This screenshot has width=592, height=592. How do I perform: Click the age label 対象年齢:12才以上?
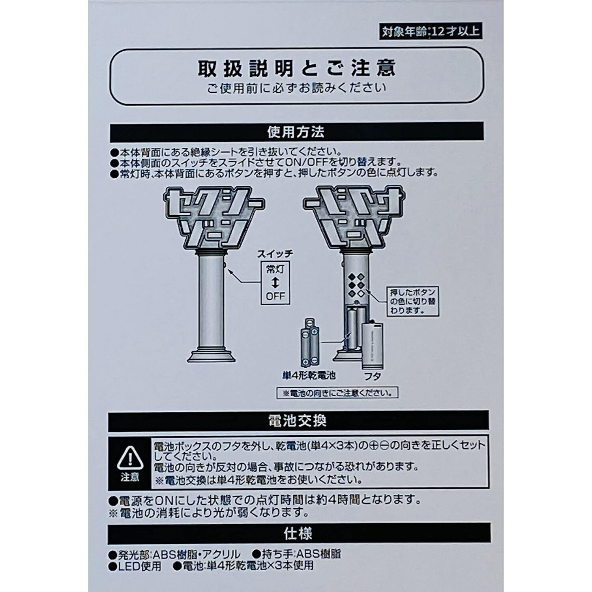(x=430, y=31)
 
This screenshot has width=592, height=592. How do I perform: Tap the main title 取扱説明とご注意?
(x=296, y=68)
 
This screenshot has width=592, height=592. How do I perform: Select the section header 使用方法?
(x=296, y=132)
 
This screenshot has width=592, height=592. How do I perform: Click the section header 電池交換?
(x=298, y=421)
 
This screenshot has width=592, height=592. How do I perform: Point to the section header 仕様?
(x=298, y=534)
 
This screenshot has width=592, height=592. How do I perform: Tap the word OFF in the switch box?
(x=275, y=296)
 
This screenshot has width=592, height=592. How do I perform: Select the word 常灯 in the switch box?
(x=275, y=270)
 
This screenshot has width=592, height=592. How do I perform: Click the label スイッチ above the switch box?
(x=275, y=254)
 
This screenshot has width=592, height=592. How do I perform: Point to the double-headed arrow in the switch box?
(x=275, y=283)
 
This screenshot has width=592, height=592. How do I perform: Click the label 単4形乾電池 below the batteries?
(x=309, y=375)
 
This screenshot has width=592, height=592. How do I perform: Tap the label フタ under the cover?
(x=372, y=377)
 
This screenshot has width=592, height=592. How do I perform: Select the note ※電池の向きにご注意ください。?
(x=337, y=393)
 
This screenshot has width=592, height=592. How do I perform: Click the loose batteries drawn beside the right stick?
(x=310, y=342)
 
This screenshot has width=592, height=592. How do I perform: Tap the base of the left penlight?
(x=211, y=354)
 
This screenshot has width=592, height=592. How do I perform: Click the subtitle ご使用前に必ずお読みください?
(x=296, y=88)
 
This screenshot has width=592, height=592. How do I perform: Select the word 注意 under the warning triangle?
(x=130, y=477)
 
